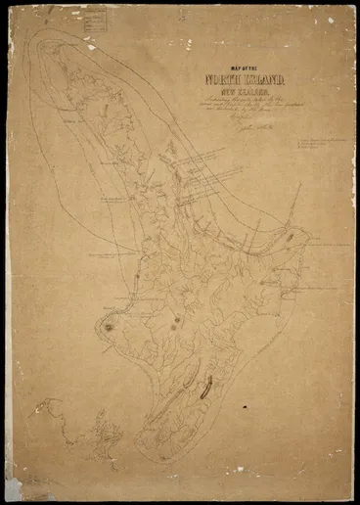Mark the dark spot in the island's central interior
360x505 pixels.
[x=177, y=320]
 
